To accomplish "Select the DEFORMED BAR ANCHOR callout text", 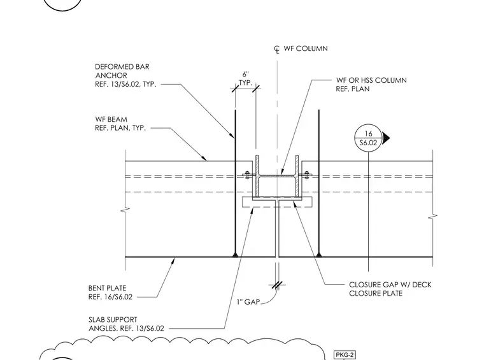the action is coord(125,75).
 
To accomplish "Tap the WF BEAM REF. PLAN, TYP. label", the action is coord(120,124).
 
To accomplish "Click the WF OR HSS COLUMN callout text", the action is coord(371,84).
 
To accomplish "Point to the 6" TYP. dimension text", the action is coord(246,79).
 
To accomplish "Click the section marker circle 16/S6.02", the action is coord(368,138).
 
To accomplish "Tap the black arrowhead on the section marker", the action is coord(386,138).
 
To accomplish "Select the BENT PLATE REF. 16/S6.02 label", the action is coord(110,292).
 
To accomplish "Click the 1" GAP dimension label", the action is coord(248,301).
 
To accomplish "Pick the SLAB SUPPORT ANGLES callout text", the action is coord(126,324).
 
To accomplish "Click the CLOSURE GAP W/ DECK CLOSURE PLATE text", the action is coord(390,289).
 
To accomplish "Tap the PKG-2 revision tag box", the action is coord(345,355).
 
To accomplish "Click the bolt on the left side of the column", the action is coord(247,175).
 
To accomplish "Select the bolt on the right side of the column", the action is coord(306,175).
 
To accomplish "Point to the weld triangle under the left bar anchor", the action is coord(236,255).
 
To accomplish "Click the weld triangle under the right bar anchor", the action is coord(319,255).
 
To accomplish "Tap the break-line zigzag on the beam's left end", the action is coord(125,210).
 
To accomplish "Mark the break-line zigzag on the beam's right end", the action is coord(433,217).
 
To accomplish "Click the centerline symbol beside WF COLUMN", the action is coord(277,50).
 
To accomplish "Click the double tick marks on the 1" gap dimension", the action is coord(277,285).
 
